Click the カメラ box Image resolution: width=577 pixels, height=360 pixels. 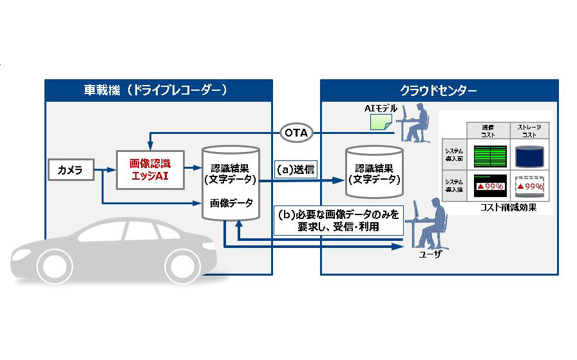pyautogui.click(x=70, y=170)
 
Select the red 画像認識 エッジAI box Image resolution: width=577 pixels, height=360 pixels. pyautogui.click(x=149, y=169)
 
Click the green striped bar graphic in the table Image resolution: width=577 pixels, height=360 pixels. pyautogui.click(x=489, y=156)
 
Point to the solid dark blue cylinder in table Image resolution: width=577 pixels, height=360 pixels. pyautogui.click(x=529, y=156)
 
